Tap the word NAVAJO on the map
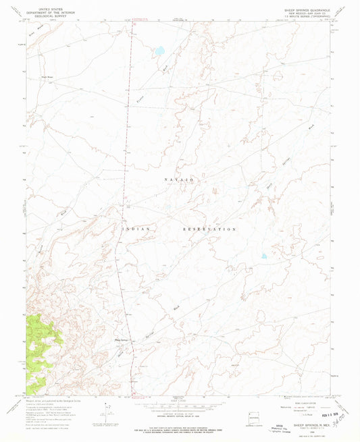(180, 179)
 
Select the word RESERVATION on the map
(209, 229)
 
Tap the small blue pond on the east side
(264, 256)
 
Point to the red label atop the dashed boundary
(139, 20)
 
